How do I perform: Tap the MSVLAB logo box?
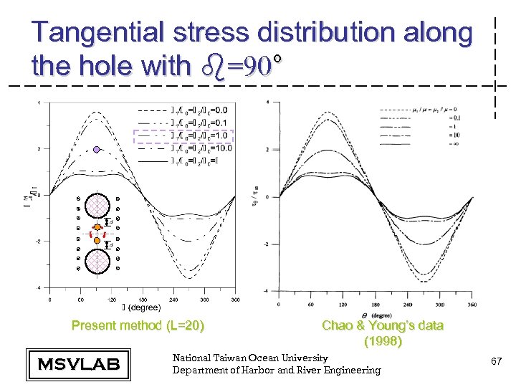click(x=78, y=363)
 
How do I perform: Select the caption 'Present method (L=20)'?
click(x=138, y=326)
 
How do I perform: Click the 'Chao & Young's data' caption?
click(x=383, y=326)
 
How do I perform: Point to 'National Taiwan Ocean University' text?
click(x=250, y=358)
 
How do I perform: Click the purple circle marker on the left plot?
click(x=97, y=150)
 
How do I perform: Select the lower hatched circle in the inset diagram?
click(x=97, y=261)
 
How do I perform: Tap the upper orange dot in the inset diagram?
click(x=97, y=228)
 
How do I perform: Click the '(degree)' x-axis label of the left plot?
click(x=143, y=307)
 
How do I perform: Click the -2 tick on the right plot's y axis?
click(x=267, y=244)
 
